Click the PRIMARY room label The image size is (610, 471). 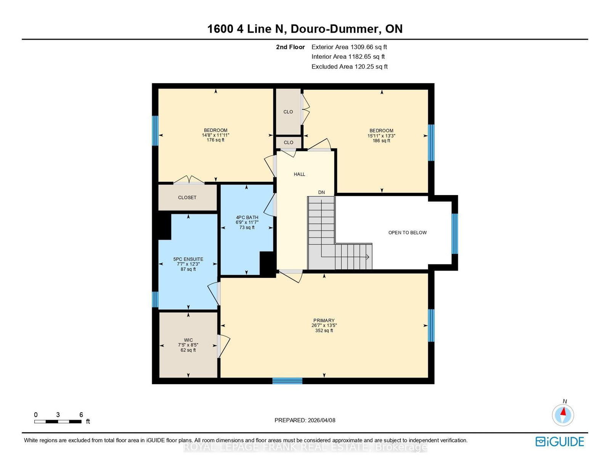(x=324, y=320)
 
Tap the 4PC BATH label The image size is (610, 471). (x=247, y=218)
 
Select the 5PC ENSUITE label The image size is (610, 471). (x=188, y=259)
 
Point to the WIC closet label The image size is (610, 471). (x=188, y=340)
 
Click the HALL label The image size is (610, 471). (x=299, y=174)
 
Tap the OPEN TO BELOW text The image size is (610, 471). (x=407, y=232)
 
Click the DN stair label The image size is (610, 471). (x=321, y=192)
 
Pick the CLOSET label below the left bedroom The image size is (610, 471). (x=187, y=197)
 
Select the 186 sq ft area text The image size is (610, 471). (x=381, y=141)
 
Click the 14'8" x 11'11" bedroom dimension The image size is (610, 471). (x=215, y=135)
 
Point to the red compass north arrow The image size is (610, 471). (x=563, y=411)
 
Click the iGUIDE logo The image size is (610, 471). (x=560, y=442)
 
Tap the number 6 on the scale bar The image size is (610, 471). (x=81, y=415)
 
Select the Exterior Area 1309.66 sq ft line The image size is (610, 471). (x=349, y=47)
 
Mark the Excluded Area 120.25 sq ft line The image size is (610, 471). (x=350, y=67)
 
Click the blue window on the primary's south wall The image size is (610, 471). (x=287, y=381)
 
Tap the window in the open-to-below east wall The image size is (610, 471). (x=455, y=234)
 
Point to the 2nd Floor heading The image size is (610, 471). (x=290, y=47)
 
